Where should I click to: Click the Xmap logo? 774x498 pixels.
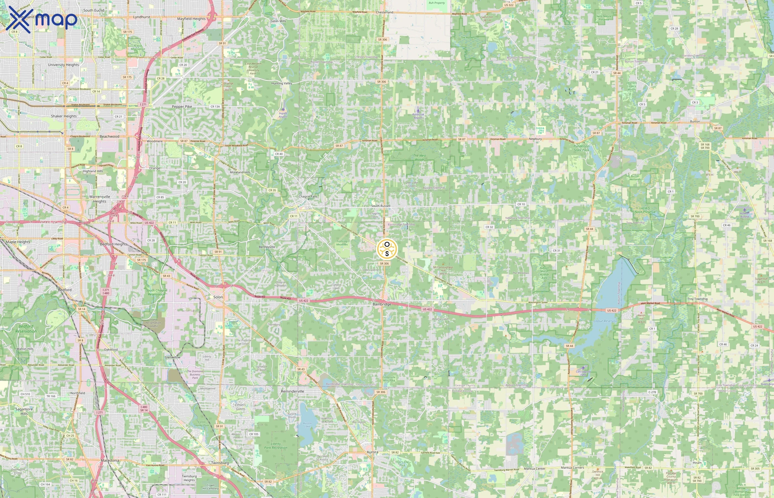pyautogui.click(x=41, y=19)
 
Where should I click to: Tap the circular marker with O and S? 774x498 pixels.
pyautogui.click(x=387, y=249)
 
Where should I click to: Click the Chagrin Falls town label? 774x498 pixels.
pyautogui.click(x=308, y=196)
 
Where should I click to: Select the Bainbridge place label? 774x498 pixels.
pyautogui.click(x=382, y=304)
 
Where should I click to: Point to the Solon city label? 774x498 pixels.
pyautogui.click(x=218, y=297)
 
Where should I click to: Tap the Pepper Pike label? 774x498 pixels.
pyautogui.click(x=182, y=107)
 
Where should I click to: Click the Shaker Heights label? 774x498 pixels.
pyautogui.click(x=64, y=116)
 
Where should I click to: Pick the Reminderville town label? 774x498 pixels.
pyautogui.click(x=292, y=391)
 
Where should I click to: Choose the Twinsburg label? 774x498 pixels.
pyautogui.click(x=220, y=463)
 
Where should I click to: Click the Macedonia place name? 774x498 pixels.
pyautogui.click(x=110, y=460)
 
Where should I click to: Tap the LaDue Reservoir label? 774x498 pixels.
pyautogui.click(x=605, y=321)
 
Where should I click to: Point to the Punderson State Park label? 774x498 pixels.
pyautogui.click(x=582, y=148)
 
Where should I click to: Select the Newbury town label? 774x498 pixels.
pyautogui.click(x=535, y=139)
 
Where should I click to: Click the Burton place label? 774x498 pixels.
pyautogui.click(x=695, y=121)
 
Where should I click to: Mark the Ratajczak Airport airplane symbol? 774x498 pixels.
pyautogui.click(x=418, y=111)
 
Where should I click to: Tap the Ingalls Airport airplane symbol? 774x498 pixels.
pyautogui.click(x=283, y=109)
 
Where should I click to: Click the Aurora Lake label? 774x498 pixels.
pyautogui.click(x=307, y=425)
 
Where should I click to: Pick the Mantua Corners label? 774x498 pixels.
pyautogui.click(x=572, y=468)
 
